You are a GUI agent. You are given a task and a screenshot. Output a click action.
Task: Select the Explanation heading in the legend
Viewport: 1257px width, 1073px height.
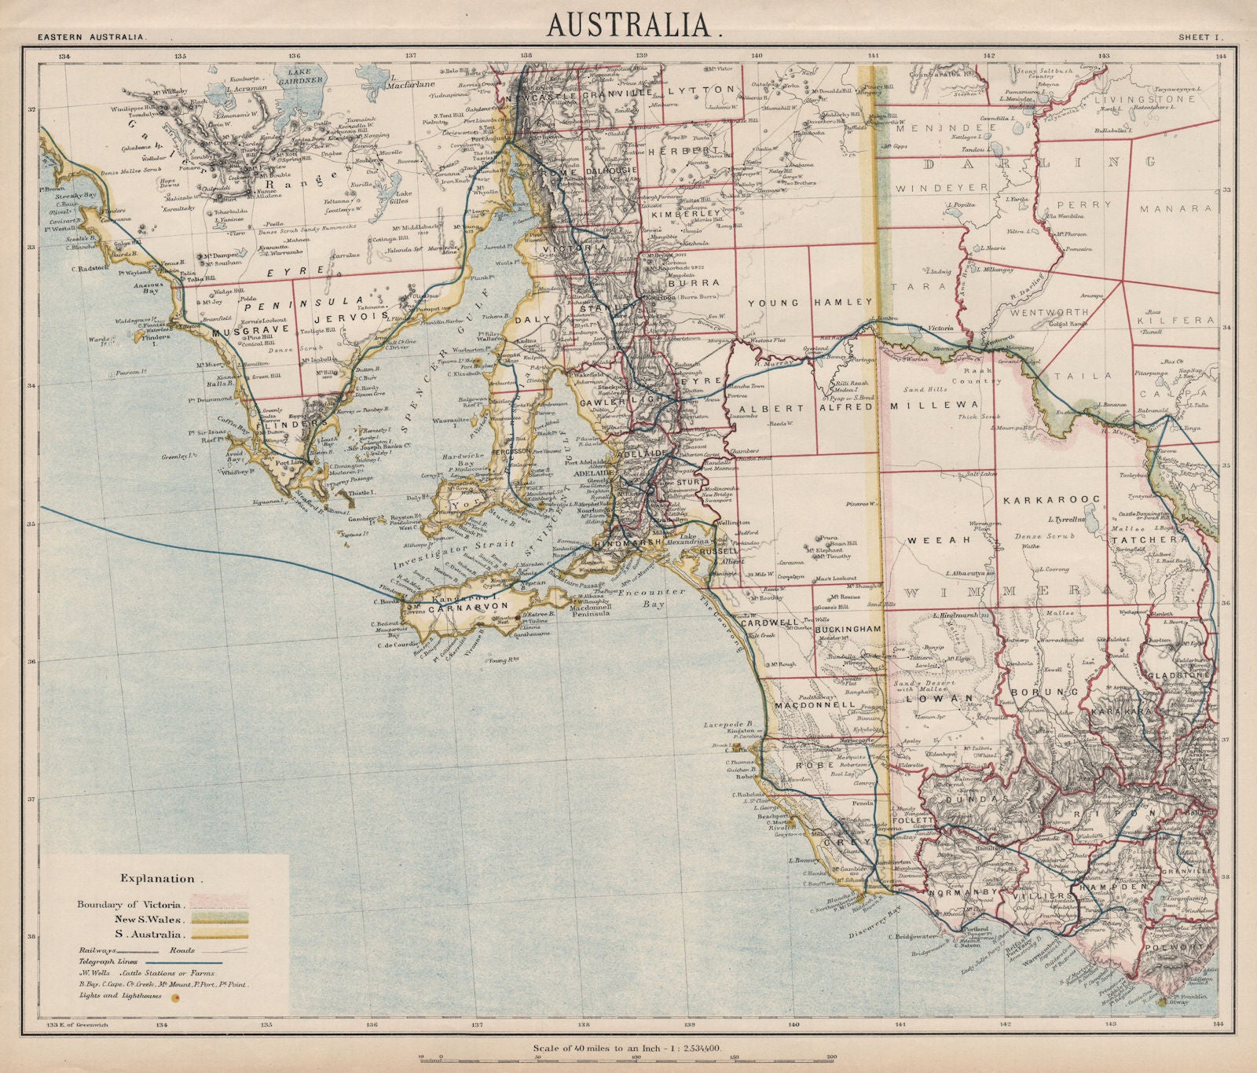[157, 878]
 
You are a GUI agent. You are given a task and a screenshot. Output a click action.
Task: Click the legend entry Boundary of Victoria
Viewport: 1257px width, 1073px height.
[130, 903]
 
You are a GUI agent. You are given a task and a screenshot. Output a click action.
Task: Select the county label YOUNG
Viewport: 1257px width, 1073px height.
[773, 303]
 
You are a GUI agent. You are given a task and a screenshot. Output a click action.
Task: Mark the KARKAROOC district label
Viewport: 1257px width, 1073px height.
[1050, 498]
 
